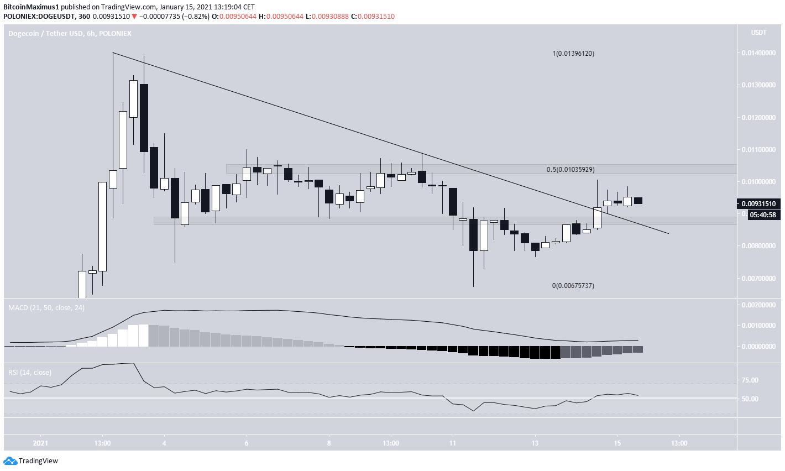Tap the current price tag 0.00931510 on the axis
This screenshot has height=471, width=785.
(x=761, y=203)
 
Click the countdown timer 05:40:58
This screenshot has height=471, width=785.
(x=762, y=215)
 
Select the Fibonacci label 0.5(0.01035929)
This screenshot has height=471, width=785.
(x=571, y=169)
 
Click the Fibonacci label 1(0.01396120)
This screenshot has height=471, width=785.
(x=573, y=54)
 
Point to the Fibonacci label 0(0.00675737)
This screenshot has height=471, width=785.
(x=573, y=286)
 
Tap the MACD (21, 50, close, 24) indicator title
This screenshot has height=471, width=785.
(x=46, y=307)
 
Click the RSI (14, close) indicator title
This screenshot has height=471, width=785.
(x=30, y=372)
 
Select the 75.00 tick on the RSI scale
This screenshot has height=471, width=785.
(x=750, y=380)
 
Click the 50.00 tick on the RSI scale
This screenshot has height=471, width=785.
(x=750, y=399)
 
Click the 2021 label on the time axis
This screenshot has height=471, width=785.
(x=40, y=443)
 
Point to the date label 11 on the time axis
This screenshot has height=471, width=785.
(x=452, y=443)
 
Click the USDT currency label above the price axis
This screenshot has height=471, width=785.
(x=758, y=33)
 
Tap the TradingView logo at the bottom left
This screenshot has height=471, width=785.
(x=31, y=461)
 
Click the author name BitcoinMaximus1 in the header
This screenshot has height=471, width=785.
(x=31, y=7)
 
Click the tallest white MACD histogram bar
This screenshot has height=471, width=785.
(x=144, y=335)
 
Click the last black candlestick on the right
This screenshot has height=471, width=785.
(x=638, y=201)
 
